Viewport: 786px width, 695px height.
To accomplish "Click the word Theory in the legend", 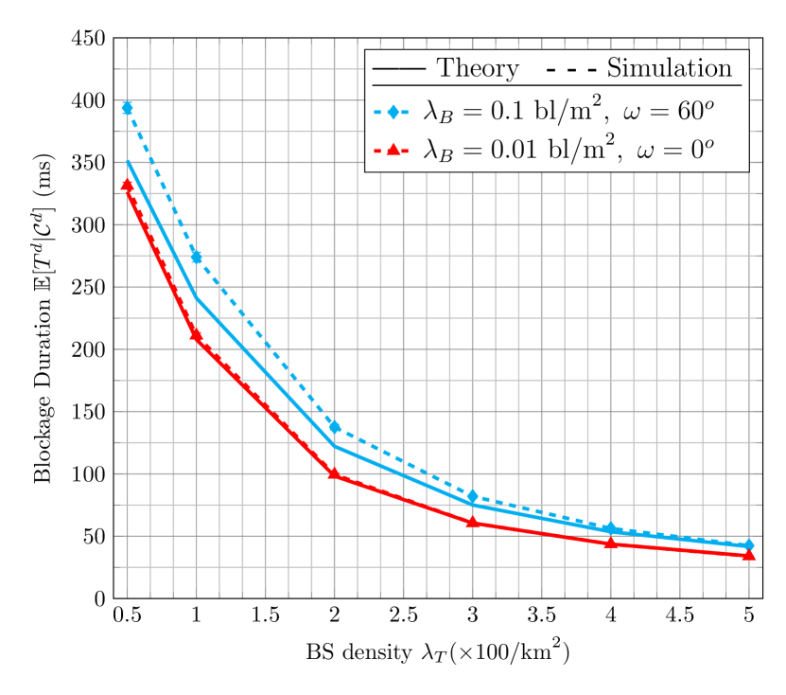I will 478,68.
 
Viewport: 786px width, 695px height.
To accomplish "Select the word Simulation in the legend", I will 670,68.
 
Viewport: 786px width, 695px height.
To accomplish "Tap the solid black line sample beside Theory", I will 398,69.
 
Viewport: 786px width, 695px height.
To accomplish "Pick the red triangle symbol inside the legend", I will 393,150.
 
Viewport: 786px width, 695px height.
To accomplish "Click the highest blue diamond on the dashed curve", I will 127,108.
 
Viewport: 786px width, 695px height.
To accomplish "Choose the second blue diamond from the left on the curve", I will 197,257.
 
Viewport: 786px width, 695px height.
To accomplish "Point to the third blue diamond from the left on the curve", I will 335,427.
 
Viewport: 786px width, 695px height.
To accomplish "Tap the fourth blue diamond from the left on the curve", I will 473,496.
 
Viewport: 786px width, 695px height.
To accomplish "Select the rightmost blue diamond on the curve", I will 748,544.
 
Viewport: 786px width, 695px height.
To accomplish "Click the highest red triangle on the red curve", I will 127,186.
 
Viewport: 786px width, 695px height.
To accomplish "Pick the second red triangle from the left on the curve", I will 197,334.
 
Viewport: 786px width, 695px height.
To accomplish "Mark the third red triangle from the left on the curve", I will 335,473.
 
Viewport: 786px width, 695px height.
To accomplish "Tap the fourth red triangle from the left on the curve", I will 473,522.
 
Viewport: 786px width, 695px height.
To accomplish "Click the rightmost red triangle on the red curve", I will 748,555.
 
